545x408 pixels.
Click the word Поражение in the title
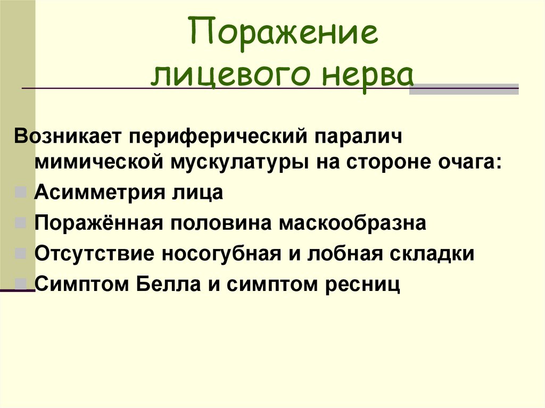[284, 34]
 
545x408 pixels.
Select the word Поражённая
[98, 223]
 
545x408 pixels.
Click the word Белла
[168, 284]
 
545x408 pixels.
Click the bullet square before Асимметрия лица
[21, 192]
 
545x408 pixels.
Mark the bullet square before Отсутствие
[21, 253]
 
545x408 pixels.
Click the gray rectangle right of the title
[464, 89]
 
